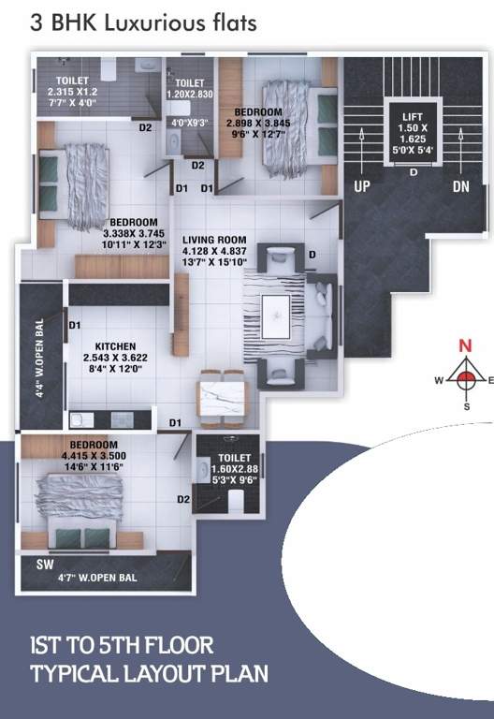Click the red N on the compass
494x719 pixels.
464,345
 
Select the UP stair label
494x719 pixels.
362,187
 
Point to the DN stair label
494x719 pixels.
460,187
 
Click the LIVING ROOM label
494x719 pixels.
214,240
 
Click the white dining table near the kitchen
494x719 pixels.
224,393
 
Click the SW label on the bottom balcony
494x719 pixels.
45,566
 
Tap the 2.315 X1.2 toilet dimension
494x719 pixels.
72,93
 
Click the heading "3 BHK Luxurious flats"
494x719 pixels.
142,22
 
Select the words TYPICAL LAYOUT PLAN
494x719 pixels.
149,672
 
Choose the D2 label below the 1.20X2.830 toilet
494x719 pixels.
197,166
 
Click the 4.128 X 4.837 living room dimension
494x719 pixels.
215,251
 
